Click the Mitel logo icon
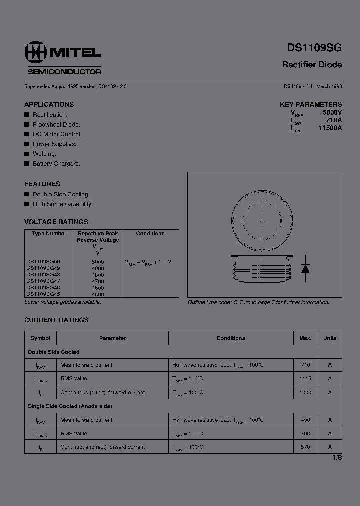coord(34,52)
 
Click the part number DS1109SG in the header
coord(314,48)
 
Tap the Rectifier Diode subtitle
coord(312,65)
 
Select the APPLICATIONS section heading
coord(49,104)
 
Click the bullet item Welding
coord(44,154)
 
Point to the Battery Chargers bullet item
coord(56,164)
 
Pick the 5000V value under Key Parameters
coord(332,113)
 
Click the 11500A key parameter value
coord(330,128)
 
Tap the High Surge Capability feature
coord(63,204)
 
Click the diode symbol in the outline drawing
coord(306,268)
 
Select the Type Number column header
coord(49,233)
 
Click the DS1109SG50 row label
coord(43,261)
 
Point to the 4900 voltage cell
coord(98,268)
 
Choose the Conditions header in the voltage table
coord(150,233)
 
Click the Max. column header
coord(305,338)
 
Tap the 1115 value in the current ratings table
coord(305,379)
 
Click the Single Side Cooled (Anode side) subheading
coord(70,406)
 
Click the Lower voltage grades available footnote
coord(63,302)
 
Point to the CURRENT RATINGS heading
coord(56,320)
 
